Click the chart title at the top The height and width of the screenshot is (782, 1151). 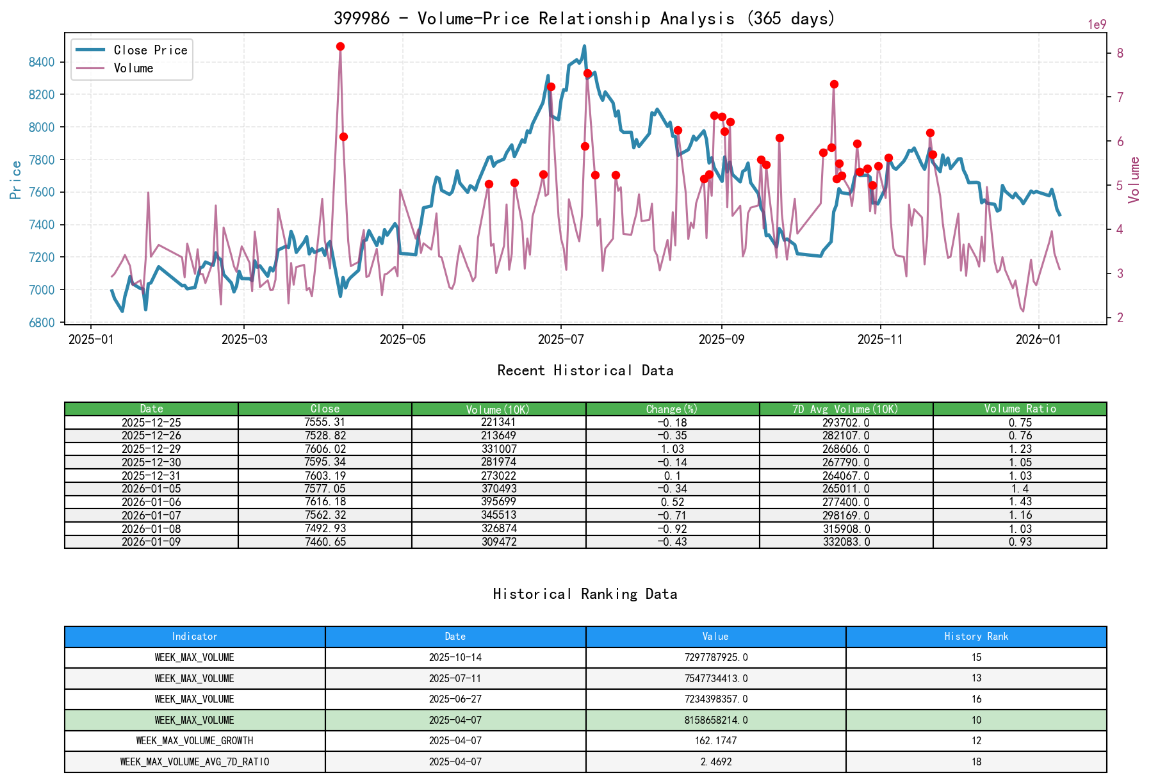click(584, 18)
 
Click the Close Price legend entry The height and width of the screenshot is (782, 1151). click(150, 50)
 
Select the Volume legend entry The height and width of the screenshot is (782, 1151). click(133, 68)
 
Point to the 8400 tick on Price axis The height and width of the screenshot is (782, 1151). click(42, 62)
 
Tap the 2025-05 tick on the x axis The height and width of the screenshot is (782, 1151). click(402, 339)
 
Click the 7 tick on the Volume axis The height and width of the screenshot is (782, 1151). click(1120, 97)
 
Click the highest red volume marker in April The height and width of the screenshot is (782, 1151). click(340, 47)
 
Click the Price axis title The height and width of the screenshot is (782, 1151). click(16, 180)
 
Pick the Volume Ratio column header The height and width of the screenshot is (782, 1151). click(1020, 409)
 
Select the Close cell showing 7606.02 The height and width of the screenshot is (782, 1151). click(325, 449)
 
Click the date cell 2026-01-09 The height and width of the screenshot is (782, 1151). click(151, 542)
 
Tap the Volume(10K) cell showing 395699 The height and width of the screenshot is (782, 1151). click(498, 501)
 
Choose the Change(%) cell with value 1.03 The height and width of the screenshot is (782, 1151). click(672, 449)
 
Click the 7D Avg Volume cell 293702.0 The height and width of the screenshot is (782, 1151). click(845, 423)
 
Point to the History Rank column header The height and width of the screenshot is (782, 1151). click(975, 637)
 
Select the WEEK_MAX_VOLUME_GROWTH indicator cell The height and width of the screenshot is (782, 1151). click(195, 741)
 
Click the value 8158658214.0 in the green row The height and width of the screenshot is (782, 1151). click(715, 720)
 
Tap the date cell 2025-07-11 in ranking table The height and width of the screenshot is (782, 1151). click(455, 678)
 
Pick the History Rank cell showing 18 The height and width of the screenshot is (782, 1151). click(975, 762)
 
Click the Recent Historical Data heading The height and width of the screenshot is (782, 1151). click(585, 370)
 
